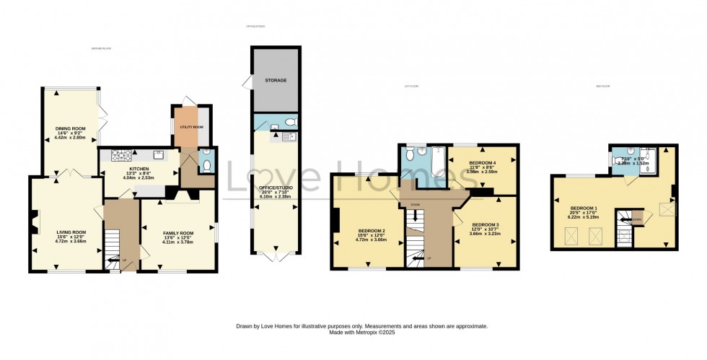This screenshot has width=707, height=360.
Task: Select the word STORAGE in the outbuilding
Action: point(275,79)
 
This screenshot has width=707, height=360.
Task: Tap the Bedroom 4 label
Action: point(481,163)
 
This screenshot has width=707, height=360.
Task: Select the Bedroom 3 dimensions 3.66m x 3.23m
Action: point(484,233)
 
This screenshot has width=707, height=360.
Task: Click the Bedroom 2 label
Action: point(372,231)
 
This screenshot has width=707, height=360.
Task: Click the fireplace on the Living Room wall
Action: point(34,221)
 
